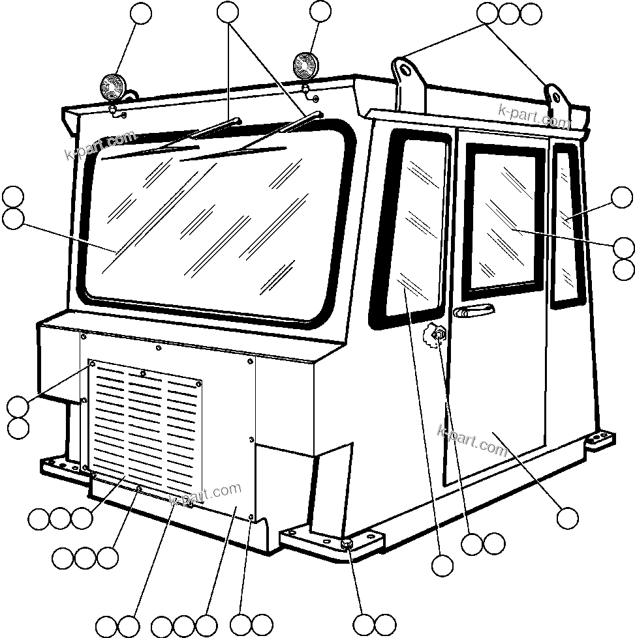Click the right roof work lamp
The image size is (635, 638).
tap(304, 65)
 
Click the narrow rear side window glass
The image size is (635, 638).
tap(566, 225)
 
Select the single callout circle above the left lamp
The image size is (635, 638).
tap(141, 13)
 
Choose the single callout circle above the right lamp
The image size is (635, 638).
tap(320, 11)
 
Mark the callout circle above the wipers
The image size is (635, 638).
tap(227, 12)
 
